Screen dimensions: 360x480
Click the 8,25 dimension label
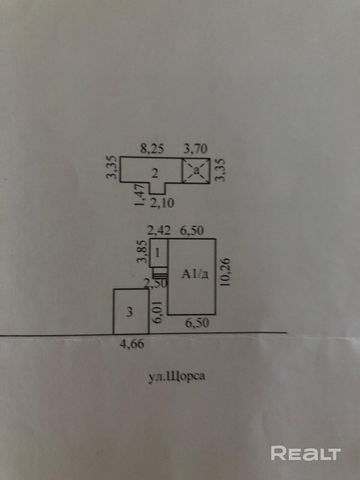(152, 149)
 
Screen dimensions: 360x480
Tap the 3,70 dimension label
(195, 149)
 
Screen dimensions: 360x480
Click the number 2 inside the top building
(155, 174)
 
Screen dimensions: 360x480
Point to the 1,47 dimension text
(139, 195)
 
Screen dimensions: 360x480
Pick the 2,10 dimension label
(162, 203)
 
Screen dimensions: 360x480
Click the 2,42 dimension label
(159, 231)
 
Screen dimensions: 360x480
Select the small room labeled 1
(159, 253)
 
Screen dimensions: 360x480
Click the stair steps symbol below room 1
(160, 274)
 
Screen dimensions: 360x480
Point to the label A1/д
(195, 275)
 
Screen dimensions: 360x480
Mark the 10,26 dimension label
(226, 272)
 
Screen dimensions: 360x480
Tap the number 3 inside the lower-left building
(130, 312)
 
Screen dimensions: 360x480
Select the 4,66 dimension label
(132, 343)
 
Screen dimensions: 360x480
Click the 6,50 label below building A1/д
(197, 323)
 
